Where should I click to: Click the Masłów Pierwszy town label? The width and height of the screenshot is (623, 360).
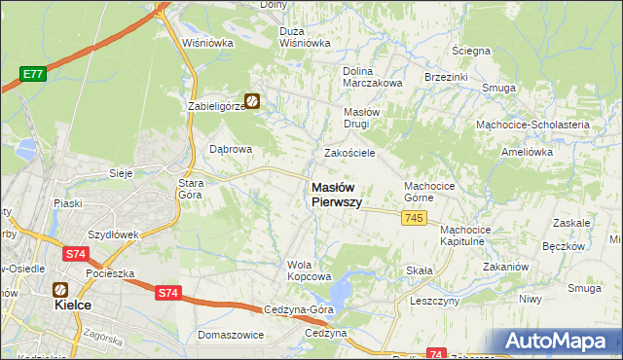337,195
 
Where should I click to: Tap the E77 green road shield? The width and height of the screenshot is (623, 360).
34,73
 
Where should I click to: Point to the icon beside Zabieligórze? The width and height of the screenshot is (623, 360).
252,100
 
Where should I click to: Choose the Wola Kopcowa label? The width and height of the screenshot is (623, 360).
303,270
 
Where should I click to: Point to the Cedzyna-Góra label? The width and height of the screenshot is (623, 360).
297,309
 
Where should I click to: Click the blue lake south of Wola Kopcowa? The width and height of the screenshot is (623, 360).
343,289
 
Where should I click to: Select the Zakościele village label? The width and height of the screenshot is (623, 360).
349,153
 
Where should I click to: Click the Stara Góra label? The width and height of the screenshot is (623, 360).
189,189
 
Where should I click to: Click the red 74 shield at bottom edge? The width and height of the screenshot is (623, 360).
437,354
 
